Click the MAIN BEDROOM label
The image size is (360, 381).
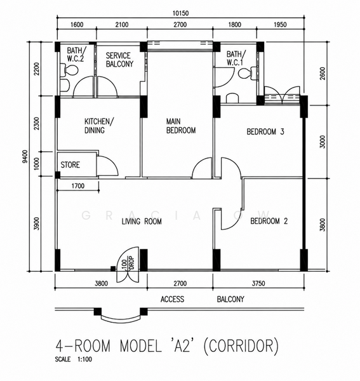[181, 126]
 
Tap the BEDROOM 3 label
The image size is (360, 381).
[265, 131]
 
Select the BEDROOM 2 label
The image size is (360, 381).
[269, 221]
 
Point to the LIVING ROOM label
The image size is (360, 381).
[142, 222]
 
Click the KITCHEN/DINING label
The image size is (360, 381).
[98, 126]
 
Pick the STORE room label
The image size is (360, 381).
[70, 164]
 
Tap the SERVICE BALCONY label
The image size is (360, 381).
[119, 60]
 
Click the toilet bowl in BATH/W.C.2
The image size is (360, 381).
[69, 70]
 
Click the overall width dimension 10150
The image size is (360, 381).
[180, 13]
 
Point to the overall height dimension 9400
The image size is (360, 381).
[25, 157]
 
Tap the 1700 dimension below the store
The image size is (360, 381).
[78, 186]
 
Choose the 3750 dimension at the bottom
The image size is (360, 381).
[258, 283]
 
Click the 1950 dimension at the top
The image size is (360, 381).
[280, 25]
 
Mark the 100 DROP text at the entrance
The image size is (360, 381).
[128, 262]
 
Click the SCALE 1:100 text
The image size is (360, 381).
[74, 359]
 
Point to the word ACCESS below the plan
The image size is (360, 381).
[172, 299]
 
